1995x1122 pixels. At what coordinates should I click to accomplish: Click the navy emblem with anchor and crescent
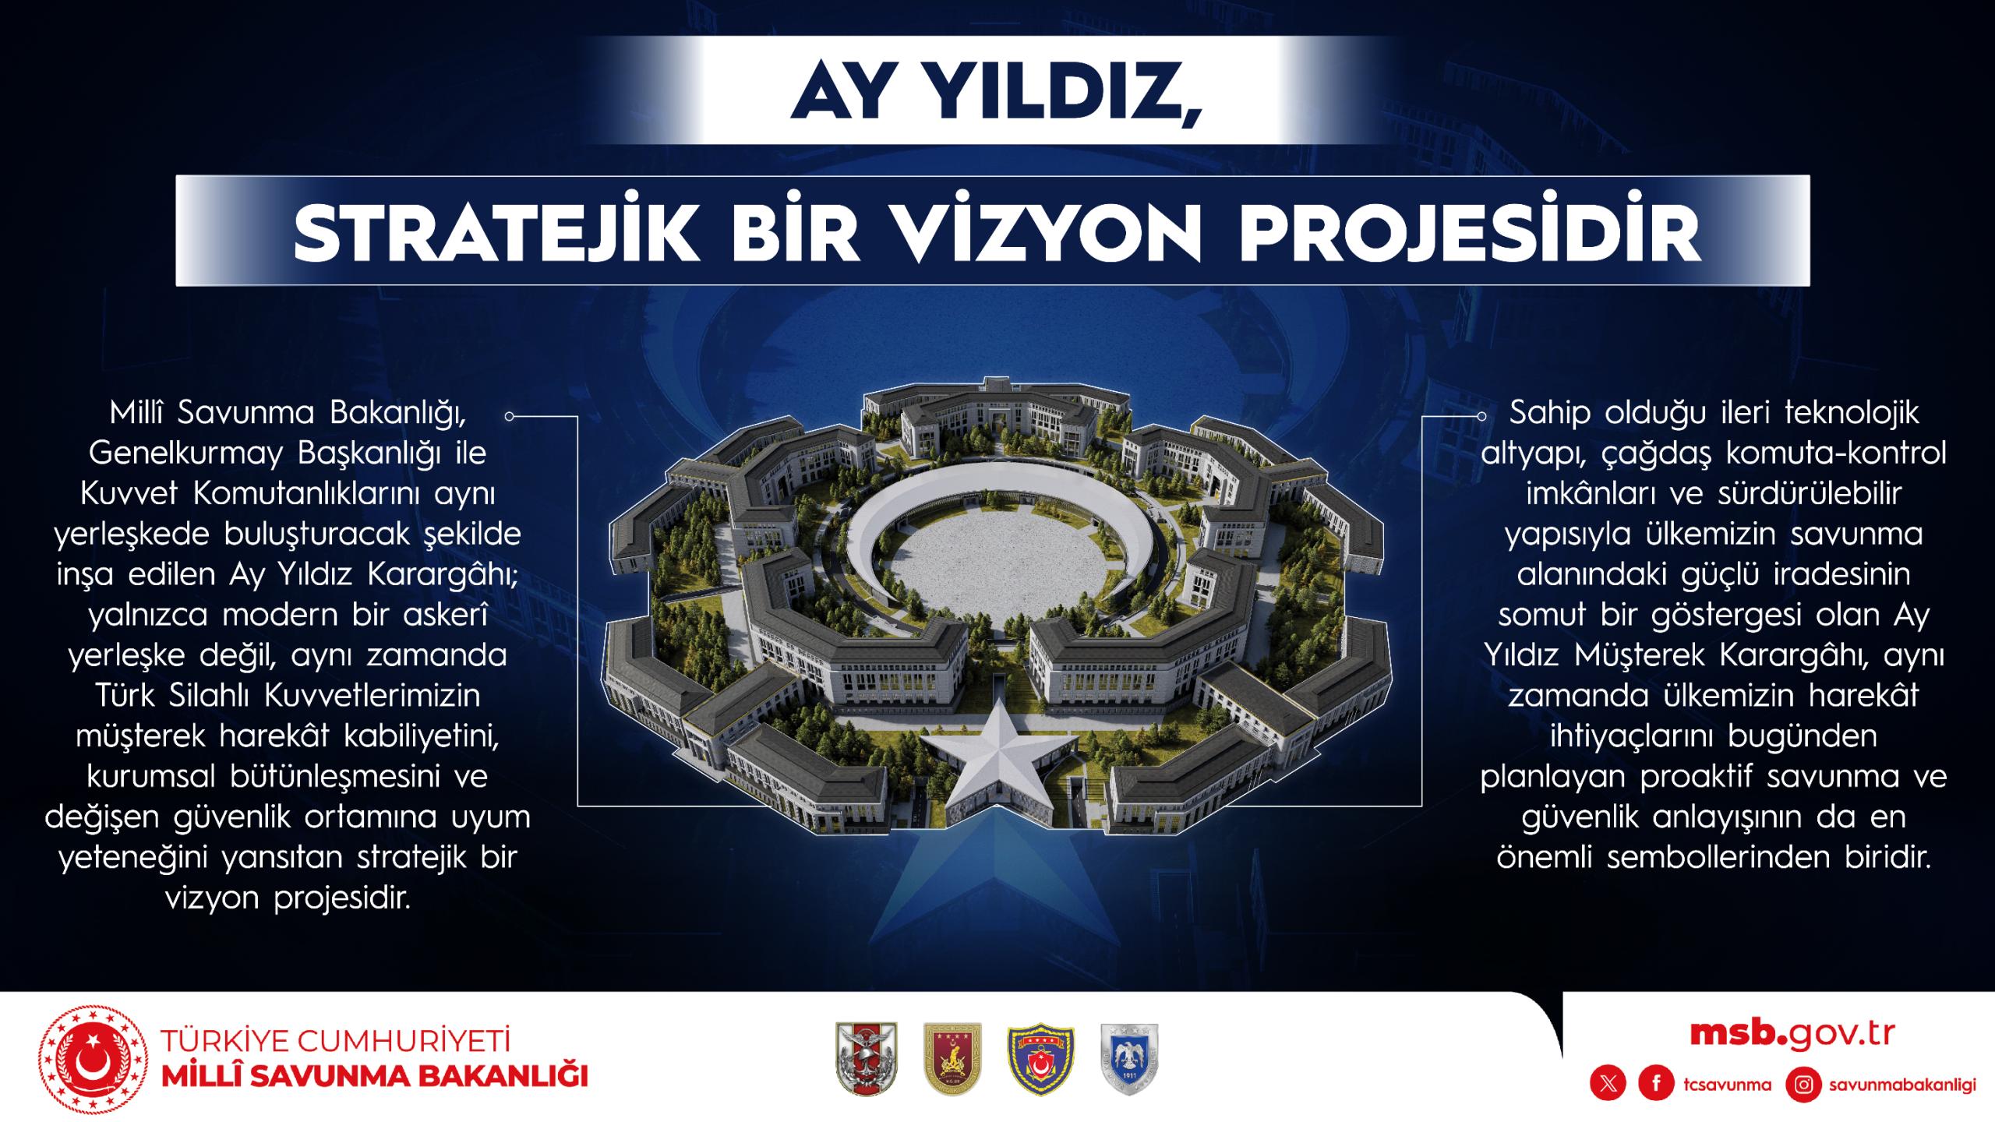[x=1041, y=1057]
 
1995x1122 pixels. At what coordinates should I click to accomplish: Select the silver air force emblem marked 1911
[x=1129, y=1057]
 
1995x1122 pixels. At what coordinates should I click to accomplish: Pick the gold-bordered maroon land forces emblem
[x=952, y=1057]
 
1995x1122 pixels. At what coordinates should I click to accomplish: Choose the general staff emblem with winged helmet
[x=866, y=1057]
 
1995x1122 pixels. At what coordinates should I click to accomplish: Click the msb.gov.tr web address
[x=1792, y=1034]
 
